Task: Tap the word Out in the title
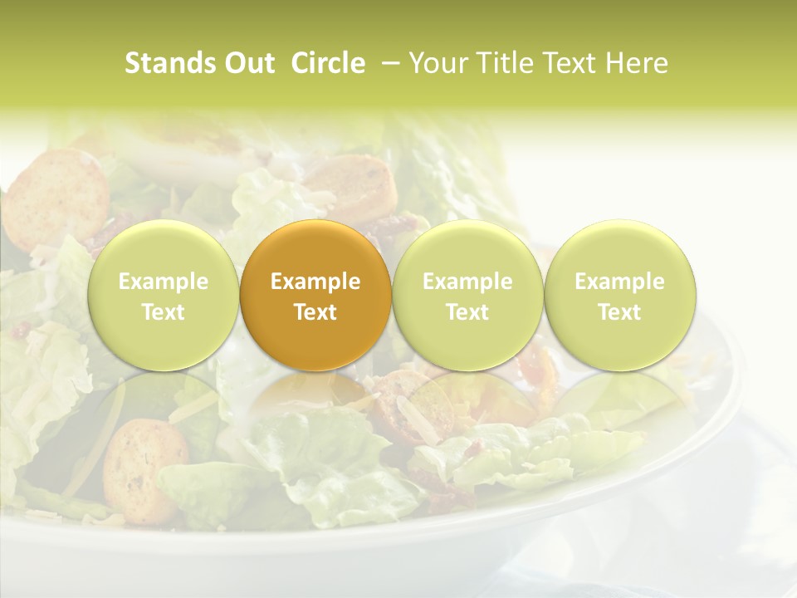click(x=250, y=63)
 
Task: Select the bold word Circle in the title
click(x=328, y=63)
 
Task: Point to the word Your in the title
click(x=434, y=63)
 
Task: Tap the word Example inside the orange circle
click(x=315, y=282)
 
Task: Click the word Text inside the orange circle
click(x=315, y=312)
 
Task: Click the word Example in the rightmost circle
click(x=619, y=282)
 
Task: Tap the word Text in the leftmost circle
click(x=163, y=312)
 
